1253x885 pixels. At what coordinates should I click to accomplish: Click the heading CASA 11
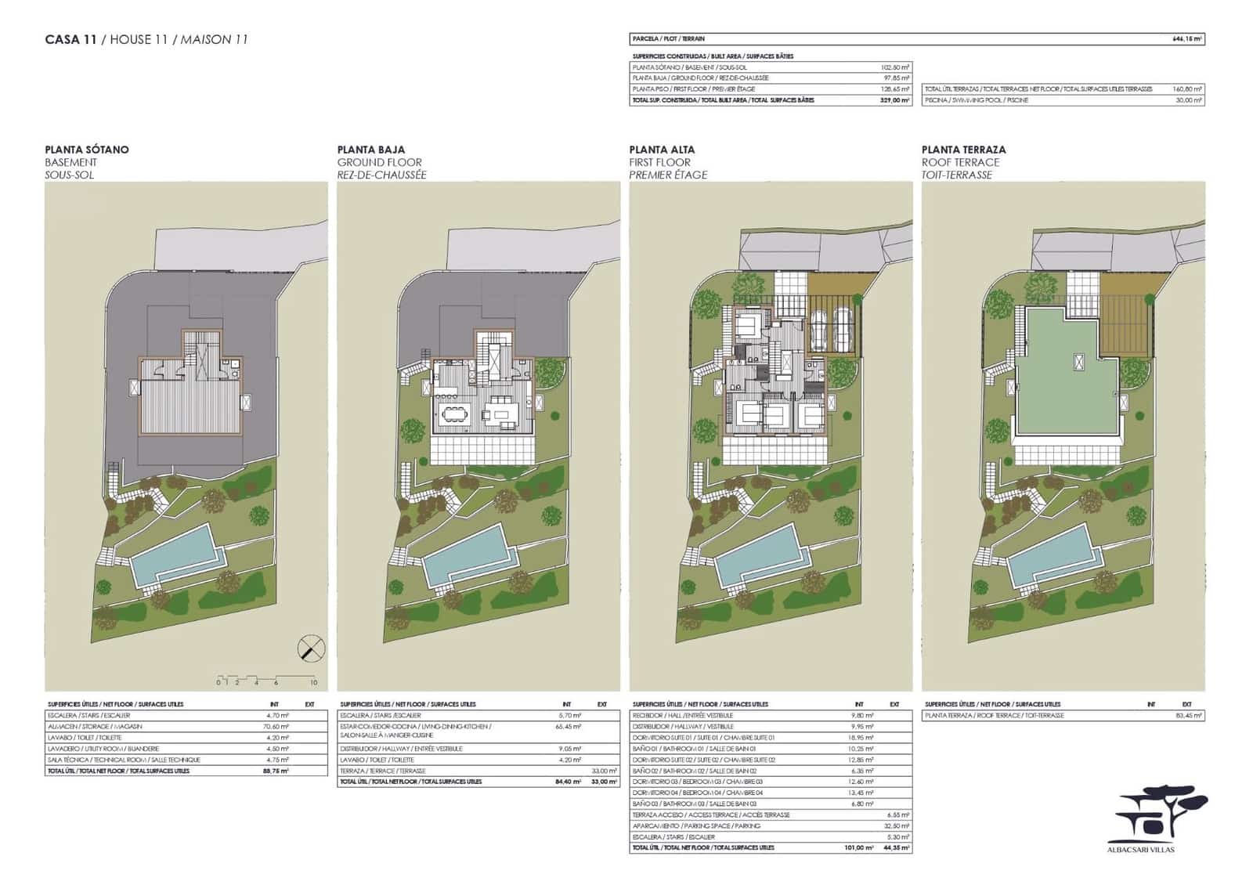click(x=70, y=39)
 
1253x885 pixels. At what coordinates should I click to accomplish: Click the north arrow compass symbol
click(x=310, y=648)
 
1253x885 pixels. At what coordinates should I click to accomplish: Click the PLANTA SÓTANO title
click(x=87, y=150)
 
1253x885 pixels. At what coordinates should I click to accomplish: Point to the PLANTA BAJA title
click(x=371, y=150)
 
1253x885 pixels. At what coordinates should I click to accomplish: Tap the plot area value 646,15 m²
click(x=1186, y=38)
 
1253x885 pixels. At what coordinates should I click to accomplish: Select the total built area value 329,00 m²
click(x=894, y=100)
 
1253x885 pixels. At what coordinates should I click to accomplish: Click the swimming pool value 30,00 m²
click(x=1187, y=100)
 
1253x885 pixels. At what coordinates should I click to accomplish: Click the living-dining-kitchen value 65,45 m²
click(x=567, y=727)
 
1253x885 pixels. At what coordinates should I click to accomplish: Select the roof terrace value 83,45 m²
click(x=1187, y=716)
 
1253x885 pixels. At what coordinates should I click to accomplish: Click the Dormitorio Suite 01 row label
click(x=702, y=738)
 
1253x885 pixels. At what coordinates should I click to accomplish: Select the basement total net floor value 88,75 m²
click(x=276, y=771)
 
